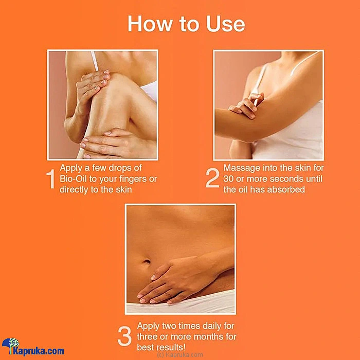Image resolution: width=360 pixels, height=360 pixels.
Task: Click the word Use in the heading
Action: pyautogui.click(x=226, y=24)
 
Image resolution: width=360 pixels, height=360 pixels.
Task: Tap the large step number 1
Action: pyautogui.click(x=51, y=179)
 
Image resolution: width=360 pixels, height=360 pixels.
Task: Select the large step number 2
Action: pyautogui.click(x=212, y=178)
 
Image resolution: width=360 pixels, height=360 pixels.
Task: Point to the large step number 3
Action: pyautogui.click(x=124, y=336)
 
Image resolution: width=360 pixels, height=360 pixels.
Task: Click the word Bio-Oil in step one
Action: pyautogui.click(x=73, y=179)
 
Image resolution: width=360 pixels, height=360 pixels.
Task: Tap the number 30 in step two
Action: pyautogui.click(x=228, y=179)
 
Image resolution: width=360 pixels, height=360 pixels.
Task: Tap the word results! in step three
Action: pyautogui.click(x=171, y=347)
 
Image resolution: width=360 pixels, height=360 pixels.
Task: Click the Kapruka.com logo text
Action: pyautogui.click(x=39, y=351)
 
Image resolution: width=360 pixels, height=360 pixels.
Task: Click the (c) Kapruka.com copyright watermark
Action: pyautogui.click(x=180, y=355)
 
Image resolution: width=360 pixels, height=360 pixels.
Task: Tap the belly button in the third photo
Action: pyautogui.click(x=146, y=261)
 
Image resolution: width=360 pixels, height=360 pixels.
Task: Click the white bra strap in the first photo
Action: pyautogui.click(x=95, y=61)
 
